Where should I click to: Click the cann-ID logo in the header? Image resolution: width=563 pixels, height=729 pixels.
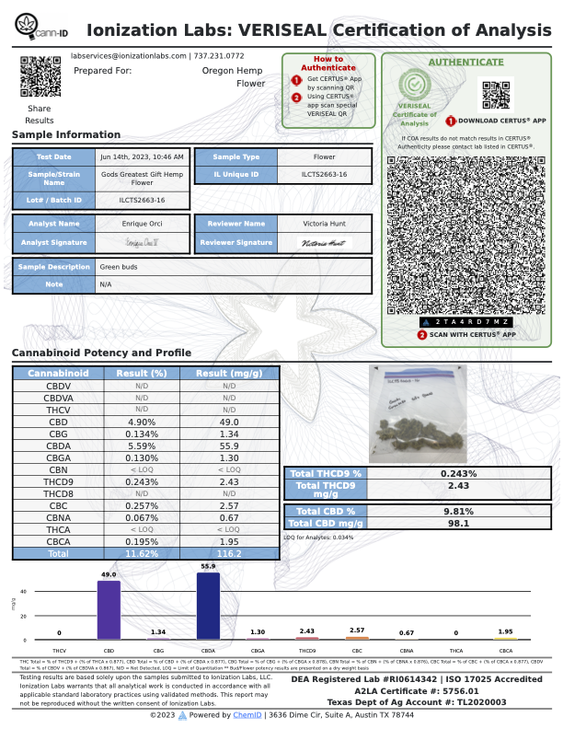click(x=40, y=30)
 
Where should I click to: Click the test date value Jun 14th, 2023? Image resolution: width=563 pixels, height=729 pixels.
click(x=144, y=157)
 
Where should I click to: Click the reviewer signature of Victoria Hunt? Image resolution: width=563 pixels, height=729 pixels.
click(x=324, y=243)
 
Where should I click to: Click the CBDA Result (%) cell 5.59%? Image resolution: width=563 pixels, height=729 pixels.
click(x=140, y=443)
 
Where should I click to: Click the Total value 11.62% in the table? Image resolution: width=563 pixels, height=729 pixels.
click(x=140, y=555)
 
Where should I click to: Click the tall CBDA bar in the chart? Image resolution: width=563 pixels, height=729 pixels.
click(x=208, y=606)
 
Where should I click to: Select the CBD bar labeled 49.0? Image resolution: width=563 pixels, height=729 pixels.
click(x=109, y=609)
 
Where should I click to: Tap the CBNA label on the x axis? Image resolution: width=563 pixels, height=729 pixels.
click(x=407, y=651)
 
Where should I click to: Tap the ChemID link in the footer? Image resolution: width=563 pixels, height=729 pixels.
click(x=246, y=715)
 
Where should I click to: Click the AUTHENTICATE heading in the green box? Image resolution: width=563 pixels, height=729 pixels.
click(x=465, y=63)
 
